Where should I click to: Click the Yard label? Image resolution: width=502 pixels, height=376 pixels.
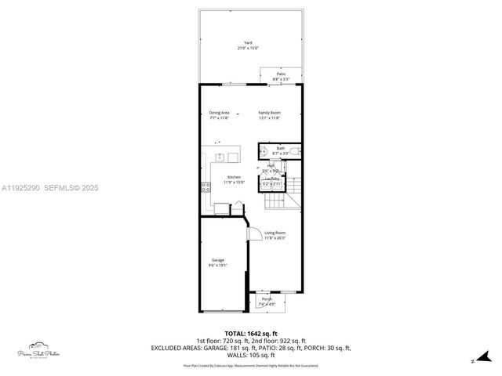(248, 43)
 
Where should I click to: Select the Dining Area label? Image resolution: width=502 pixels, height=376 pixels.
(220, 113)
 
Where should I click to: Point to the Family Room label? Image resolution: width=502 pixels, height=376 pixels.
(270, 113)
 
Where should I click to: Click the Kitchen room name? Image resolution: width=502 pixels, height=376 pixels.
(234, 177)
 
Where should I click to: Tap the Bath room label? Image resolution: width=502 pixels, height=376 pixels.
(281, 148)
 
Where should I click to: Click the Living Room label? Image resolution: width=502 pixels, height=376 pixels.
(275, 233)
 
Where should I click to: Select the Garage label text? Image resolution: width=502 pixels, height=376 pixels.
(217, 260)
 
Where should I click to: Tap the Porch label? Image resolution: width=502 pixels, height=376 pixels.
(267, 299)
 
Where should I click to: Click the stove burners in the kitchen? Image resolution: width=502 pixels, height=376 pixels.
(206, 187)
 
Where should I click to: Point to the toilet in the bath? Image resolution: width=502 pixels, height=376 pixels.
(293, 151)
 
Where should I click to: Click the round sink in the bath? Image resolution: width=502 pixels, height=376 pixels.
(264, 151)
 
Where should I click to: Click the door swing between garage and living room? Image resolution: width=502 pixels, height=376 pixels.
(254, 233)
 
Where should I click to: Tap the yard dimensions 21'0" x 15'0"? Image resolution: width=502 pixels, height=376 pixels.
(248, 49)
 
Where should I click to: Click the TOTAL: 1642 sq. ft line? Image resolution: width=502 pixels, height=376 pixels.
(251, 334)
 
